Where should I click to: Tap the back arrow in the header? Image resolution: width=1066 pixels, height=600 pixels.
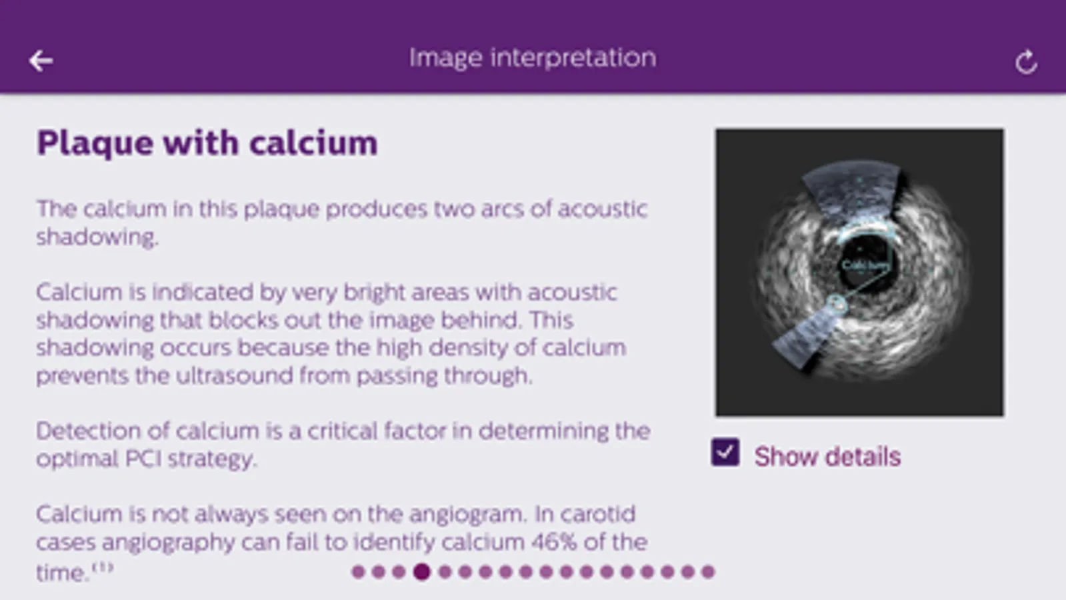tap(41, 61)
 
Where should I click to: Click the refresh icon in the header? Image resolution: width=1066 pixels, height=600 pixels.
tap(1026, 62)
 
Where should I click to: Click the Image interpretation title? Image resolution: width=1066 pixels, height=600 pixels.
tap(533, 58)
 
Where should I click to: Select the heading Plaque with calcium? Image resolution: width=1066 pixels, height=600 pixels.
tap(207, 143)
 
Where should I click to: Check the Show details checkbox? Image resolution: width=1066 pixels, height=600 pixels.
tap(725, 452)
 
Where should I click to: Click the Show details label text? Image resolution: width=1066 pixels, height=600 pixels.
tap(827, 456)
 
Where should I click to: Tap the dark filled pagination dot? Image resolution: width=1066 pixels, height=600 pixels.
tap(421, 571)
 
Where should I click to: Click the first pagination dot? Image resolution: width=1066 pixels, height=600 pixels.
tap(358, 571)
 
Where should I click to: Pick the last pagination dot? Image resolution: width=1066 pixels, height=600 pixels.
tap(708, 571)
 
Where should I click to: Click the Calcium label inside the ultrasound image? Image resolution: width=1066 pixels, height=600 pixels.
tap(865, 265)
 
